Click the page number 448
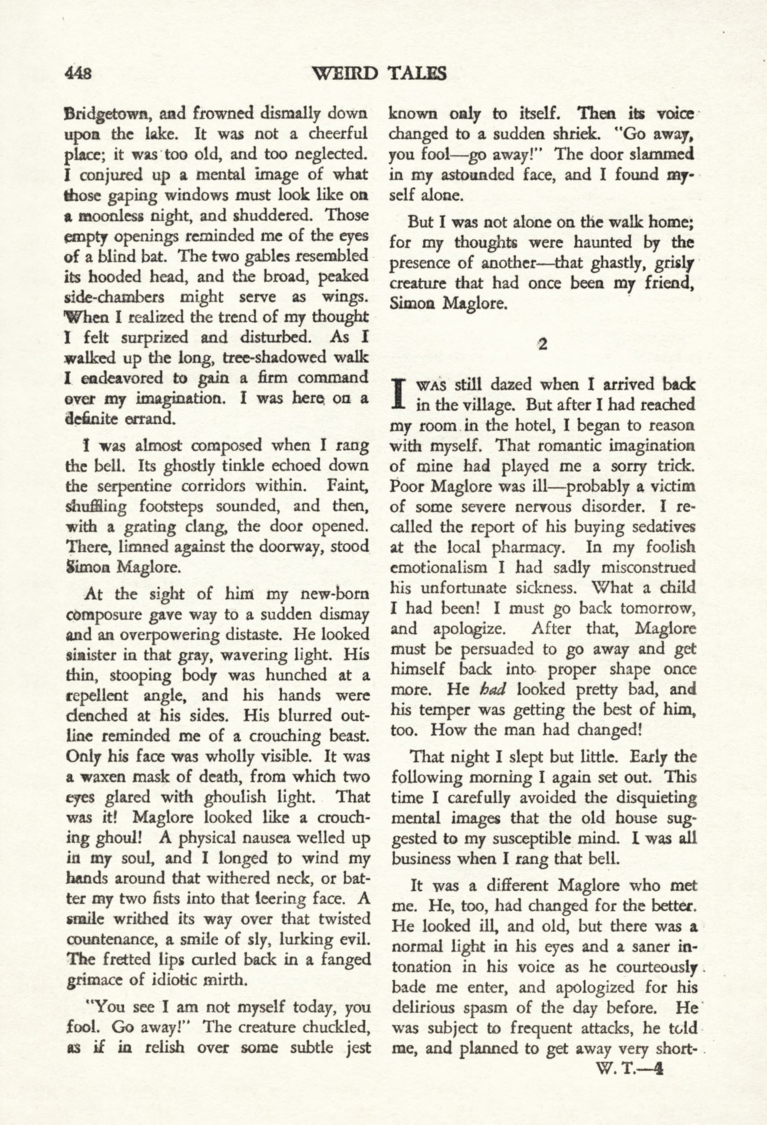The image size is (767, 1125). [78, 73]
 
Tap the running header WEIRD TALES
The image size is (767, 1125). [379, 73]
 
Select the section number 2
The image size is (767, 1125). [542, 345]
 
